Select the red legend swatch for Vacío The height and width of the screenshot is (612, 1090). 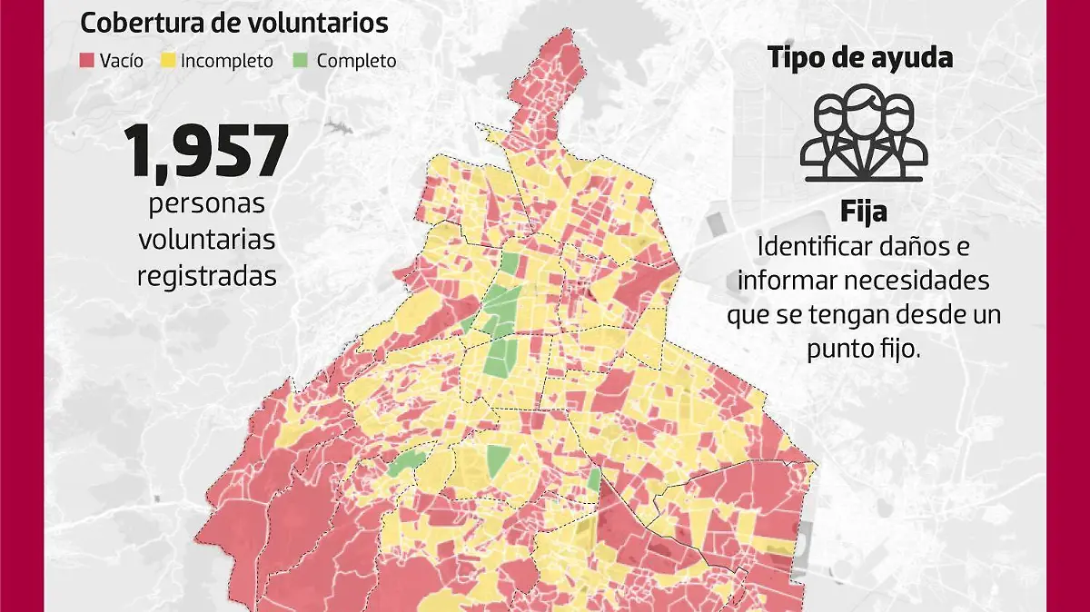88,61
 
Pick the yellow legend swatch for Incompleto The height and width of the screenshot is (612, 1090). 167,61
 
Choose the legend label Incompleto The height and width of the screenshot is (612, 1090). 226,62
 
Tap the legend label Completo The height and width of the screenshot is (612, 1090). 356,62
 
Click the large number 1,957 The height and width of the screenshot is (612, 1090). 207,151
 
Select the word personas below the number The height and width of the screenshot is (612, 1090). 207,202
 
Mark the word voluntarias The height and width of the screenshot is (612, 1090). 207,239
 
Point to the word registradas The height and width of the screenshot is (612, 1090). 207,276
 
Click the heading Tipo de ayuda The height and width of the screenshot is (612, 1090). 860,58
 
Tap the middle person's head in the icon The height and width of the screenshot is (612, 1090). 864,101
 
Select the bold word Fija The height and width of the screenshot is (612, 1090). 863,212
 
